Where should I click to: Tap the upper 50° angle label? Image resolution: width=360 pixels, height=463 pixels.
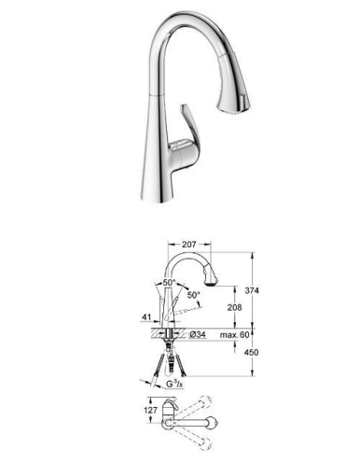[x=170, y=281]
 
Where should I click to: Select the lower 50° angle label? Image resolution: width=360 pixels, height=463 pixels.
[x=193, y=295]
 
